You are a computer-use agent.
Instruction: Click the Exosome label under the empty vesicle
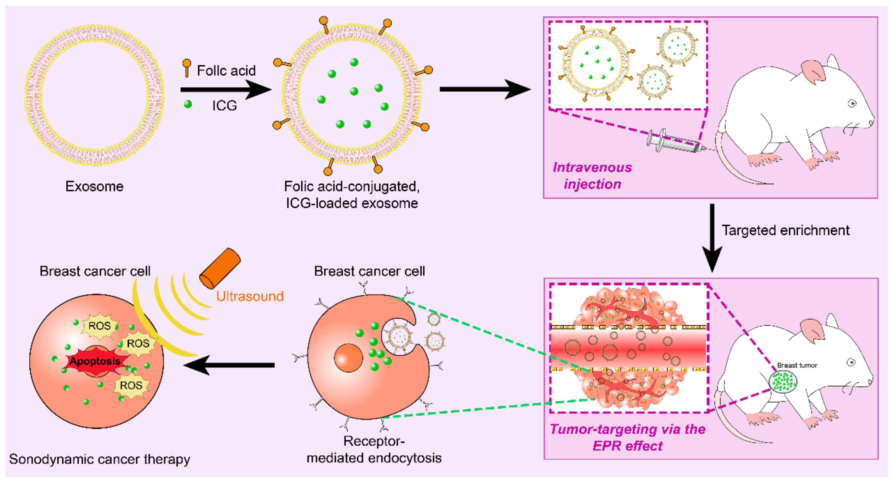[94, 186]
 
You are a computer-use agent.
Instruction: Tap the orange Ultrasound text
[250, 296]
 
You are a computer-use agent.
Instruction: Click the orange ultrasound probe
[220, 268]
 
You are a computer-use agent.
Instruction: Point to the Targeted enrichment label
[785, 230]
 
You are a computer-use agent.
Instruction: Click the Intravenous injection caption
[592, 176]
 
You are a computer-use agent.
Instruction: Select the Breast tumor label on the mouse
[797, 365]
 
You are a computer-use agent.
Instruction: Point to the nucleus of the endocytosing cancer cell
[348, 358]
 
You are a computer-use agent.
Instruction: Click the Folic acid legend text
[226, 71]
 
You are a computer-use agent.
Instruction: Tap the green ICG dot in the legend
[188, 104]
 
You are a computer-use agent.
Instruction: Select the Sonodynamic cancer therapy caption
[100, 459]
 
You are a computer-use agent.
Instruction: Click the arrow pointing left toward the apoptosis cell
[229, 365]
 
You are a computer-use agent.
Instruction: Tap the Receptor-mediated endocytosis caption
[374, 449]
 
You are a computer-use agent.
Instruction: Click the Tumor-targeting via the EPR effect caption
[627, 437]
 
